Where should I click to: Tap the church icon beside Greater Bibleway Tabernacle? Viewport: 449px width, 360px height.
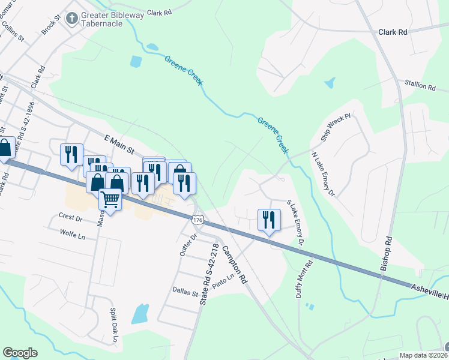72,19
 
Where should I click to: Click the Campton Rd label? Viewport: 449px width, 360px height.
235,265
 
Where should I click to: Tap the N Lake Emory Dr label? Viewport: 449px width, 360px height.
323,173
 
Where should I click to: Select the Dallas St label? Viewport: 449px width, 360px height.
186,293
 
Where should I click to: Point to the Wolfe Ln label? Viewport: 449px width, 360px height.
72,233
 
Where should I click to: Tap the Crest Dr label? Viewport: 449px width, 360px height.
70,217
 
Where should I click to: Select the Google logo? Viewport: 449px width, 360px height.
20,353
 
